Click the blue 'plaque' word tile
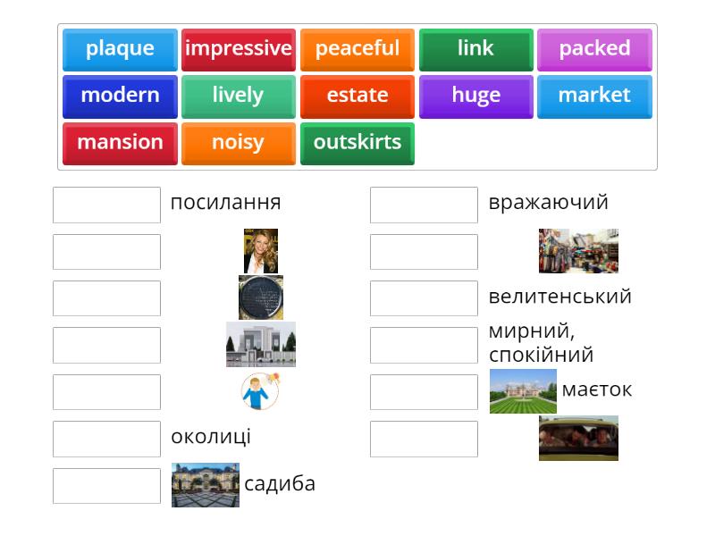coord(120,49)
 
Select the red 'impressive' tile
coord(239,49)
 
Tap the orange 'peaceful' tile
coord(357,49)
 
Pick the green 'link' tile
coord(475,49)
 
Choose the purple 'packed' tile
coord(594,49)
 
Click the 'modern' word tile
coord(120,96)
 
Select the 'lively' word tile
coord(239,96)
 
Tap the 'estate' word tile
coord(357,96)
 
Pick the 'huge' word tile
coord(475,96)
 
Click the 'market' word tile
coord(594,96)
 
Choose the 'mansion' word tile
coord(120,143)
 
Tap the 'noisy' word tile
coord(239,143)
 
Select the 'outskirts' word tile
coord(357,143)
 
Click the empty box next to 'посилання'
coord(106,205)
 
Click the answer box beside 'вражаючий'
coord(424,205)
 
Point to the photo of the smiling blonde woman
coord(261,251)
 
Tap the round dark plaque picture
coord(261,297)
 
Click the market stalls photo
coord(578,251)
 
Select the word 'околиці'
coord(211,437)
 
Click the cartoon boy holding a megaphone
coord(260,391)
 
